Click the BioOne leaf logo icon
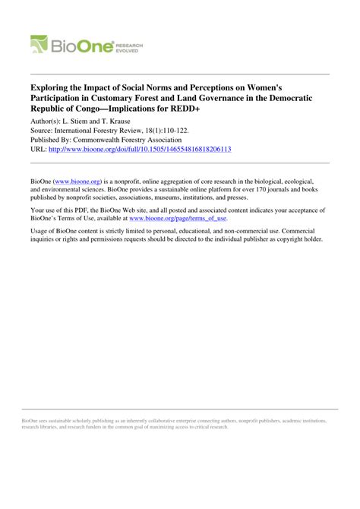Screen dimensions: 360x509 pos(39,46)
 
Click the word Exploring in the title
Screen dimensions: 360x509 pos(53,78)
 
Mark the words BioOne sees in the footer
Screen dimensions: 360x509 pos(36,418)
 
